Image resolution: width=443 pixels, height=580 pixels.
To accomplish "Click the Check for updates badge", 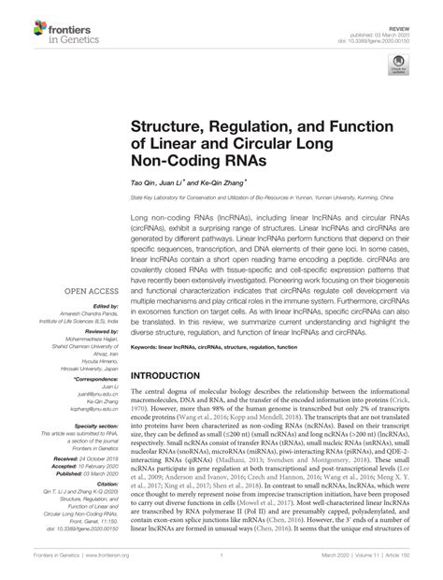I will tap(399, 67).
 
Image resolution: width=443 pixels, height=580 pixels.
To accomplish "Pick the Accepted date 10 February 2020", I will tap(85, 432).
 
